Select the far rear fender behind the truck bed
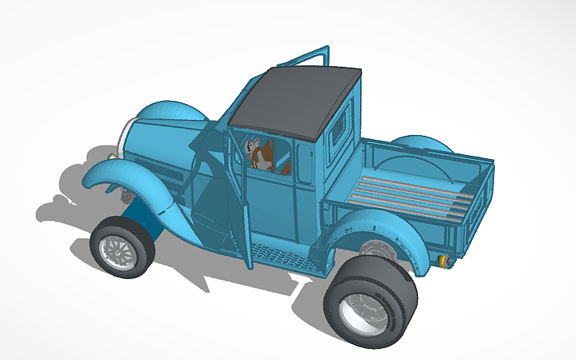(424, 143)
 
